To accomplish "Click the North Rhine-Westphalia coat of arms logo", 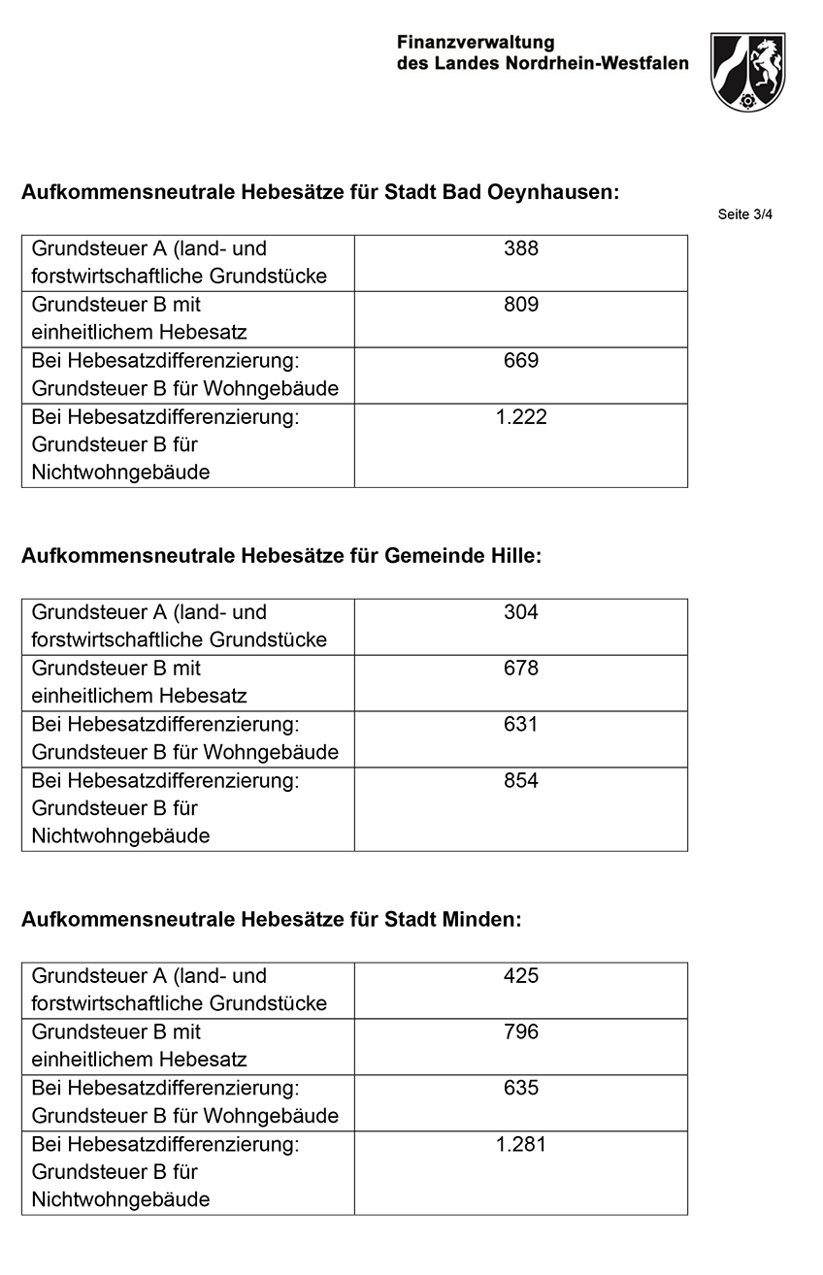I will coord(746,72).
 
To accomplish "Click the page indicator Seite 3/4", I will coord(744,214).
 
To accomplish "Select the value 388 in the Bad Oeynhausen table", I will coord(521,248).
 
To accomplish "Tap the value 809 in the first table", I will coord(521,305).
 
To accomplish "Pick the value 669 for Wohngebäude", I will coord(521,361).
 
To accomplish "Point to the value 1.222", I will coord(521,417).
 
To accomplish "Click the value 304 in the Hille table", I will coord(521,612).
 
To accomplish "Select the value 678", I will coord(521,669).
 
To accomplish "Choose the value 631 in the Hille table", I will coord(521,725).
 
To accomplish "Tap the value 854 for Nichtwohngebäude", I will coord(521,781).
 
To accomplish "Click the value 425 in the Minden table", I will coord(521,976).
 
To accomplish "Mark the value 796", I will coord(521,1032).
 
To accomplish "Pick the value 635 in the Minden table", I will coord(521,1089).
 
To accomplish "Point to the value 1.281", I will coord(521,1145).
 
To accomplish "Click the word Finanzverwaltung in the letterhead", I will coord(476,43).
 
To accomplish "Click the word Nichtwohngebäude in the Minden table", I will coord(120,1199).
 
